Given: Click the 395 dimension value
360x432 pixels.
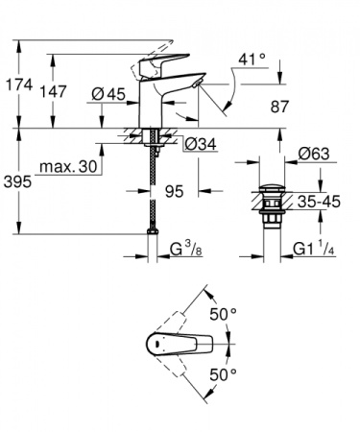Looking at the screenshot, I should coord(18,180).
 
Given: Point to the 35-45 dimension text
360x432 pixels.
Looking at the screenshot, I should coord(319,203).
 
